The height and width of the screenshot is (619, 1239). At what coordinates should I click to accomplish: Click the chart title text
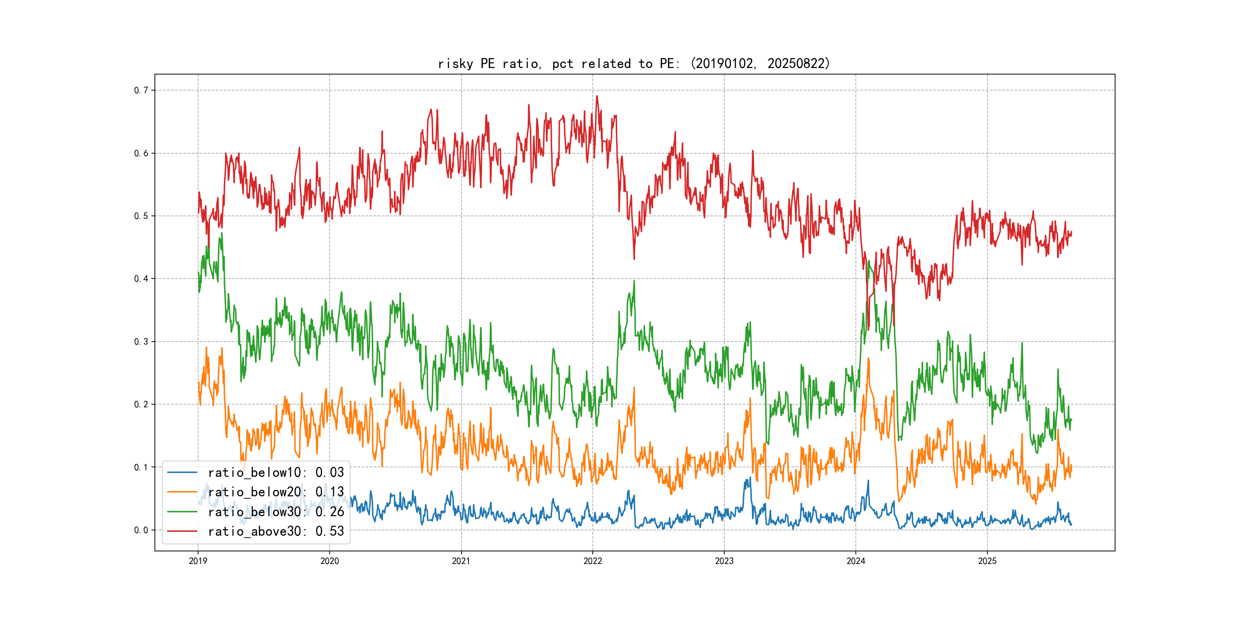point(633,63)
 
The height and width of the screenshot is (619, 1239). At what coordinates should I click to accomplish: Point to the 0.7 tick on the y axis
point(141,90)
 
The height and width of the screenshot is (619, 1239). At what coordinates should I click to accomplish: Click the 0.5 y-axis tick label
point(141,216)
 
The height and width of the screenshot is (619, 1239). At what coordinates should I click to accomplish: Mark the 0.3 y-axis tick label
point(141,342)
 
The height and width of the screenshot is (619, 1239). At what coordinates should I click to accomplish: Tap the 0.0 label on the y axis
point(141,530)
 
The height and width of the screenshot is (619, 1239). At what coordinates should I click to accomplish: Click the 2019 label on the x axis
point(198,561)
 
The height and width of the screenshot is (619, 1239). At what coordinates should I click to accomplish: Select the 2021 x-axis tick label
point(461,561)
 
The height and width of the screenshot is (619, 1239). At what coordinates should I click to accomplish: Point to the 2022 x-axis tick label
point(593,561)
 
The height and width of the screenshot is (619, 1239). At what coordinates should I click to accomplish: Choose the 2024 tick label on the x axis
point(856,561)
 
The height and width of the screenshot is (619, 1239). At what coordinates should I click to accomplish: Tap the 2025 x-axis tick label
point(987,561)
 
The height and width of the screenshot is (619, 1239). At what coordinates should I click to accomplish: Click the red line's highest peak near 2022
point(597,96)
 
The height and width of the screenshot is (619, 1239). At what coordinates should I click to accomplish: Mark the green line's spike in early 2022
point(634,281)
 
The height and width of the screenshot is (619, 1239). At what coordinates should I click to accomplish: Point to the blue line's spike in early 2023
point(750,478)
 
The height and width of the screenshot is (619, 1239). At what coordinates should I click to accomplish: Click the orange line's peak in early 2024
point(868,358)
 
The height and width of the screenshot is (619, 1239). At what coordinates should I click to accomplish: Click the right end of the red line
point(1071,232)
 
